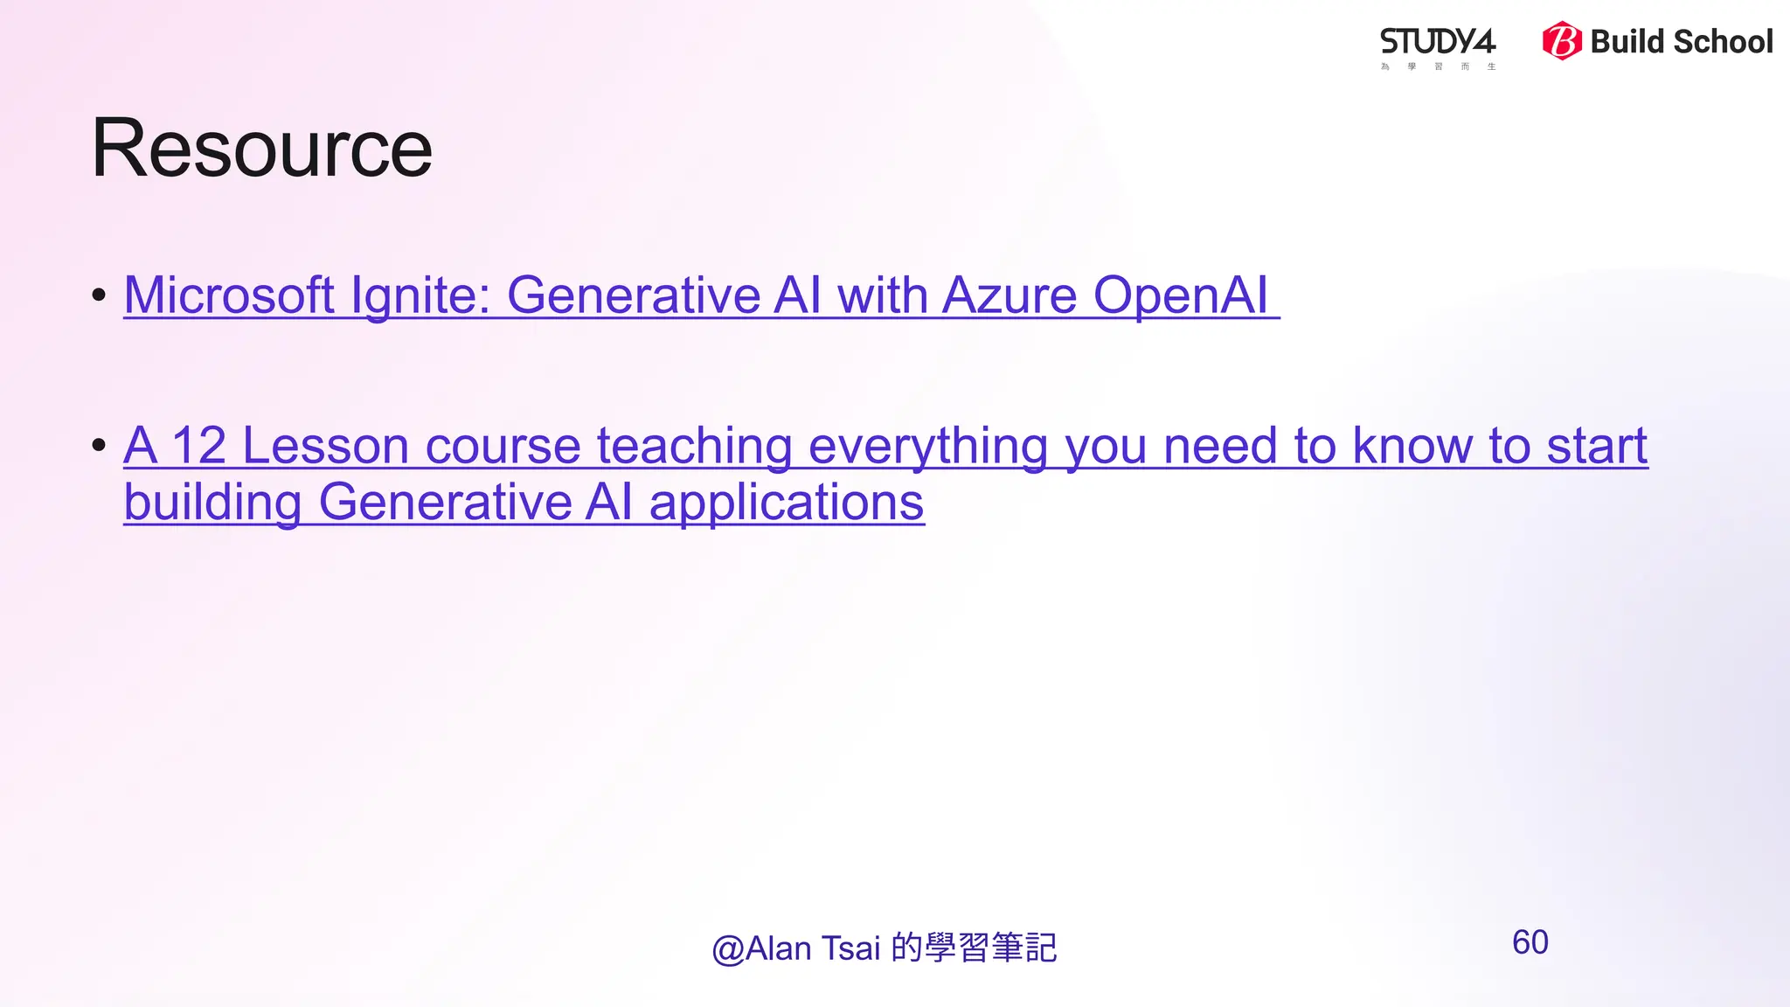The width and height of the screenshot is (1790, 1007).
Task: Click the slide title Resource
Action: pyautogui.click(x=261, y=149)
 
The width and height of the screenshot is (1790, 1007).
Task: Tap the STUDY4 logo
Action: pyautogui.click(x=1438, y=44)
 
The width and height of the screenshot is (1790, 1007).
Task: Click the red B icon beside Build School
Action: pyautogui.click(x=1561, y=41)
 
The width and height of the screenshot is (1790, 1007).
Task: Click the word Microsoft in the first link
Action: pyautogui.click(x=229, y=295)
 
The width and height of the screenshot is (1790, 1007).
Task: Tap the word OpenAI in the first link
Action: pyautogui.click(x=1180, y=295)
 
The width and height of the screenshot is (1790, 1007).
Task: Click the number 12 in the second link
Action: pyautogui.click(x=198, y=446)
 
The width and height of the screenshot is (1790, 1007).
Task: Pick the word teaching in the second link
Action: pyautogui.click(x=695, y=448)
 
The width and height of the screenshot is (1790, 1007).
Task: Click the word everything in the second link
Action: pyautogui.click(x=928, y=448)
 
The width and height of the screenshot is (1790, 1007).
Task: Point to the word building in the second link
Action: pyautogui.click(x=213, y=503)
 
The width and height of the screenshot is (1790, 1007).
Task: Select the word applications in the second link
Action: pyautogui.click(x=787, y=503)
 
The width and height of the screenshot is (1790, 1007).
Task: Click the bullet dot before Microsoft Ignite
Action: pyautogui.click(x=99, y=295)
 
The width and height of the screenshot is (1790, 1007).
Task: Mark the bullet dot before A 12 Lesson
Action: pyautogui.click(x=99, y=446)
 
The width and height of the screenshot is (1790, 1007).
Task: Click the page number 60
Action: pyautogui.click(x=1530, y=942)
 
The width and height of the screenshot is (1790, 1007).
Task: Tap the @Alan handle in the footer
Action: pyautogui.click(x=761, y=948)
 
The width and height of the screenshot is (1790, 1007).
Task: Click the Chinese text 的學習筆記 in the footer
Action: pyautogui.click(x=975, y=948)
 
